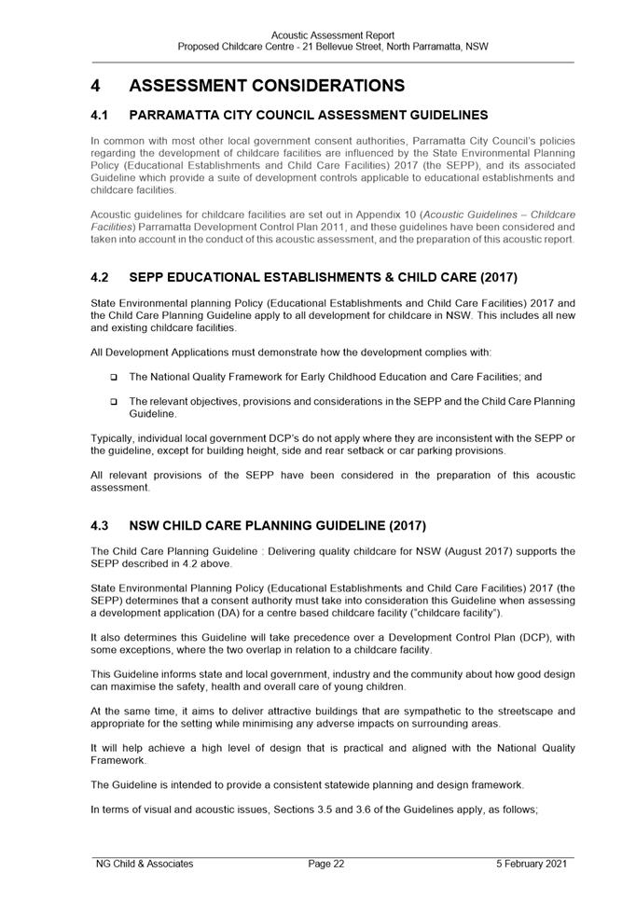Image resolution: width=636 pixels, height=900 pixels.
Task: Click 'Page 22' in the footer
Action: [326, 864]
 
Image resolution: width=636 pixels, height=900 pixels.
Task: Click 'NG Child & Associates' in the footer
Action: [145, 864]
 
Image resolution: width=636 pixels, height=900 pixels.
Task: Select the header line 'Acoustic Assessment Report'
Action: [333, 35]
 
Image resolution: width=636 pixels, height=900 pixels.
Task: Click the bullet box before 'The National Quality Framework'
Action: [113, 378]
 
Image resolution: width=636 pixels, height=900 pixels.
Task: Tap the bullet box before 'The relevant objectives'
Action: [113, 402]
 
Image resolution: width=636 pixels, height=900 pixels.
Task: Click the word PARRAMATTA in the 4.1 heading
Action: [179, 116]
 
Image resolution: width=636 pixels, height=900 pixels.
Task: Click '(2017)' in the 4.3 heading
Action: [402, 526]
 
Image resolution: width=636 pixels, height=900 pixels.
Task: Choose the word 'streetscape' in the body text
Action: [522, 711]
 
